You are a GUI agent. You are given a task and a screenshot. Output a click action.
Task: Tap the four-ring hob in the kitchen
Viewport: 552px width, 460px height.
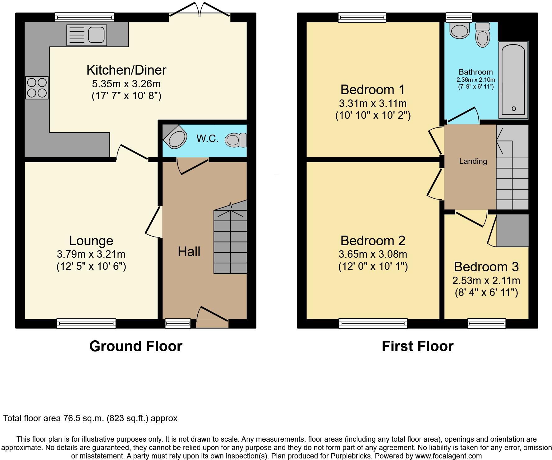(x=37, y=88)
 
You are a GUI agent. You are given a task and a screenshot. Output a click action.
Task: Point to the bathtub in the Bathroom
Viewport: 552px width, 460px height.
(x=513, y=80)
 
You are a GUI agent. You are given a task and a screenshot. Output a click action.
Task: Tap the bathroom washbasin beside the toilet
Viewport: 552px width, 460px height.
(x=460, y=31)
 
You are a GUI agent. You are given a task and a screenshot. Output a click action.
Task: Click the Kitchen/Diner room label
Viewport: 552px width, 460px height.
(x=126, y=70)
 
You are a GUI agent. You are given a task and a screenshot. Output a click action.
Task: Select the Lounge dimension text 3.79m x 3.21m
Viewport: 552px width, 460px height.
(x=91, y=254)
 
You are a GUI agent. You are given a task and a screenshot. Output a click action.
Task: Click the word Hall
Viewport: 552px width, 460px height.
(x=189, y=251)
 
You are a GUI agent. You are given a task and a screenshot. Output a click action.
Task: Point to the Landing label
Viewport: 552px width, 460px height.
(x=473, y=161)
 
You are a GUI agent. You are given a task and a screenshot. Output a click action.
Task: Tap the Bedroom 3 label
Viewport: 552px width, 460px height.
(x=486, y=267)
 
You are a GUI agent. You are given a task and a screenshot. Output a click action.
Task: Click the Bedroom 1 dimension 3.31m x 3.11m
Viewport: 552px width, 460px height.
(x=373, y=103)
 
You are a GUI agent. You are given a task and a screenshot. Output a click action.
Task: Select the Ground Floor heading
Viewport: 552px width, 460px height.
(x=136, y=346)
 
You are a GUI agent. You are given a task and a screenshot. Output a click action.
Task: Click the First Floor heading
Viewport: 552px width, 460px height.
(x=417, y=346)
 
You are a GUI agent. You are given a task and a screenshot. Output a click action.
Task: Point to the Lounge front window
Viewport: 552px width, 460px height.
(x=86, y=324)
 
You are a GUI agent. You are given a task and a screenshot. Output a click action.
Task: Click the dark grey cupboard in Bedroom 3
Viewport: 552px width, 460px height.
(x=513, y=230)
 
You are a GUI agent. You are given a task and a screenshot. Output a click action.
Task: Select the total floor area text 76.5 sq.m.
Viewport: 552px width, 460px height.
(x=90, y=418)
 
